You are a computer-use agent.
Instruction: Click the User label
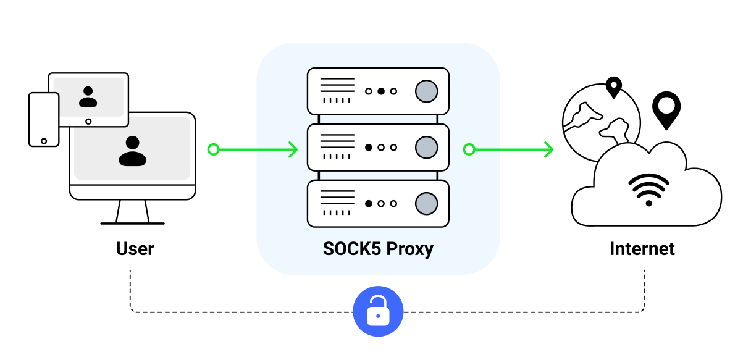coord(135,249)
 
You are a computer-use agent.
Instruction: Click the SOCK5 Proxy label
coord(378,249)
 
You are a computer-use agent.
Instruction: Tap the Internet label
coord(642,249)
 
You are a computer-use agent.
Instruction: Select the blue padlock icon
coord(378,311)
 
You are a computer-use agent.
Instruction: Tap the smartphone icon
coord(44,119)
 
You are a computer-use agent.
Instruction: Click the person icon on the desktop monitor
coord(133,151)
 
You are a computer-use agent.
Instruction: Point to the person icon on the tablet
coord(88,96)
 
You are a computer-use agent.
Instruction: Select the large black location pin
coord(666,110)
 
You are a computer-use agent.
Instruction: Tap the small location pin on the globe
coord(613,87)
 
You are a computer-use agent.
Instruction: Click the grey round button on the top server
coord(426,91)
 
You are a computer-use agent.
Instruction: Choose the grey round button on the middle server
coord(426,148)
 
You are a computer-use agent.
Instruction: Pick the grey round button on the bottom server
coord(426,203)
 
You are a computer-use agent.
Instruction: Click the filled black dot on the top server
coord(381,91)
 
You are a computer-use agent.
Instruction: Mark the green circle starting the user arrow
coord(213,149)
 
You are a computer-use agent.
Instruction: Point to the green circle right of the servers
coord(469,149)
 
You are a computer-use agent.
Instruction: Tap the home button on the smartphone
coord(44,141)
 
